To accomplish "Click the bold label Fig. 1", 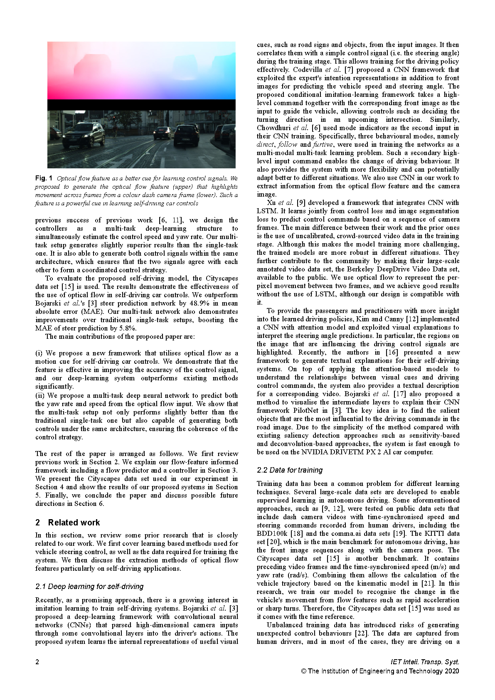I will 44,178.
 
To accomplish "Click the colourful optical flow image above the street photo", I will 141,71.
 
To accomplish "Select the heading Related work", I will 74,523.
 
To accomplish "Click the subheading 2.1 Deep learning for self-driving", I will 89,587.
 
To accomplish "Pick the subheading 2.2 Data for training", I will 290,470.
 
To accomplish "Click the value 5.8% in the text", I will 128,328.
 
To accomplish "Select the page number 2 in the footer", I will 37,662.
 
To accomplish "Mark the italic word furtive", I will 323,144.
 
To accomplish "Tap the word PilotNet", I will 305,410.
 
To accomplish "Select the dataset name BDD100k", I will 272,533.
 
